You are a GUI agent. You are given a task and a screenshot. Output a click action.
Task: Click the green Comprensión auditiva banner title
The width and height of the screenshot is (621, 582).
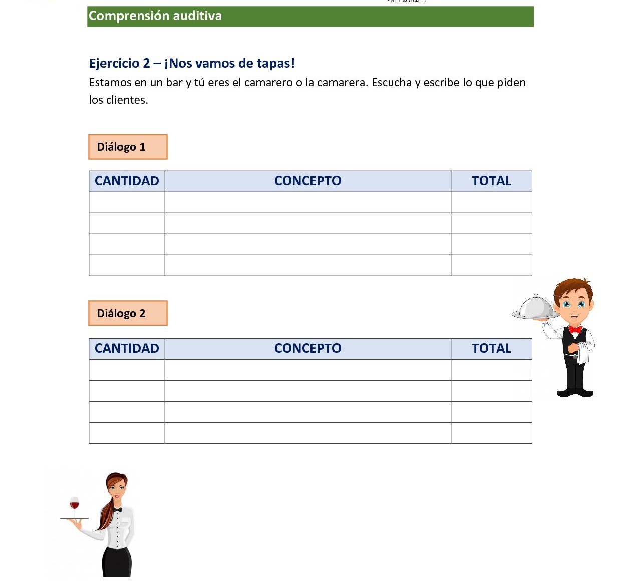click(155, 16)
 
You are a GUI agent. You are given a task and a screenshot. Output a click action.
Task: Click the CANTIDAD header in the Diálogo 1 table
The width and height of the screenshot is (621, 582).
click(127, 181)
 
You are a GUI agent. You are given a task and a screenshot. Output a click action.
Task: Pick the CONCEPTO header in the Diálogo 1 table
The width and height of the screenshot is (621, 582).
click(307, 181)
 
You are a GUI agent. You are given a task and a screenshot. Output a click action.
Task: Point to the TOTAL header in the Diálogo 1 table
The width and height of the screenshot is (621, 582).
click(491, 181)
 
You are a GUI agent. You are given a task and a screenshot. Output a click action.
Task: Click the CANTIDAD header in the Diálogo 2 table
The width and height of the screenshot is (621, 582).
click(127, 349)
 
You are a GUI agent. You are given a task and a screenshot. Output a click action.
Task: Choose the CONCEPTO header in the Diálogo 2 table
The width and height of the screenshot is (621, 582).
click(307, 349)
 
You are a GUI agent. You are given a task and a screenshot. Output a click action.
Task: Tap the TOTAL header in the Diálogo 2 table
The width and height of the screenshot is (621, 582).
click(491, 349)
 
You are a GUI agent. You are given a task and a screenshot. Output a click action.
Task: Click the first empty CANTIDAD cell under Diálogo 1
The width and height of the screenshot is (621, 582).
click(127, 203)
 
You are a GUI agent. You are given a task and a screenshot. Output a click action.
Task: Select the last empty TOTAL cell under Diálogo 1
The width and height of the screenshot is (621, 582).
click(491, 265)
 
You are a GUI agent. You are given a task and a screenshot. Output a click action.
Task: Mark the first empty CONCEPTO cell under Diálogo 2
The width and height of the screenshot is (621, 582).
click(307, 370)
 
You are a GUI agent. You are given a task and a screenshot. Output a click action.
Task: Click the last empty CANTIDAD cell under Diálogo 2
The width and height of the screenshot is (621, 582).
click(127, 433)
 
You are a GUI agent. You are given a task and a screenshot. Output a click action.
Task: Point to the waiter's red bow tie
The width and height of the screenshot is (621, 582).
click(575, 330)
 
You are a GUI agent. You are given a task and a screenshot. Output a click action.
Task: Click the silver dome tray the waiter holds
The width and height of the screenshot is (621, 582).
click(536, 308)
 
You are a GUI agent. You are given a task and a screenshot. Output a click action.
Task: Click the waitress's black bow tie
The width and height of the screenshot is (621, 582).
click(117, 510)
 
